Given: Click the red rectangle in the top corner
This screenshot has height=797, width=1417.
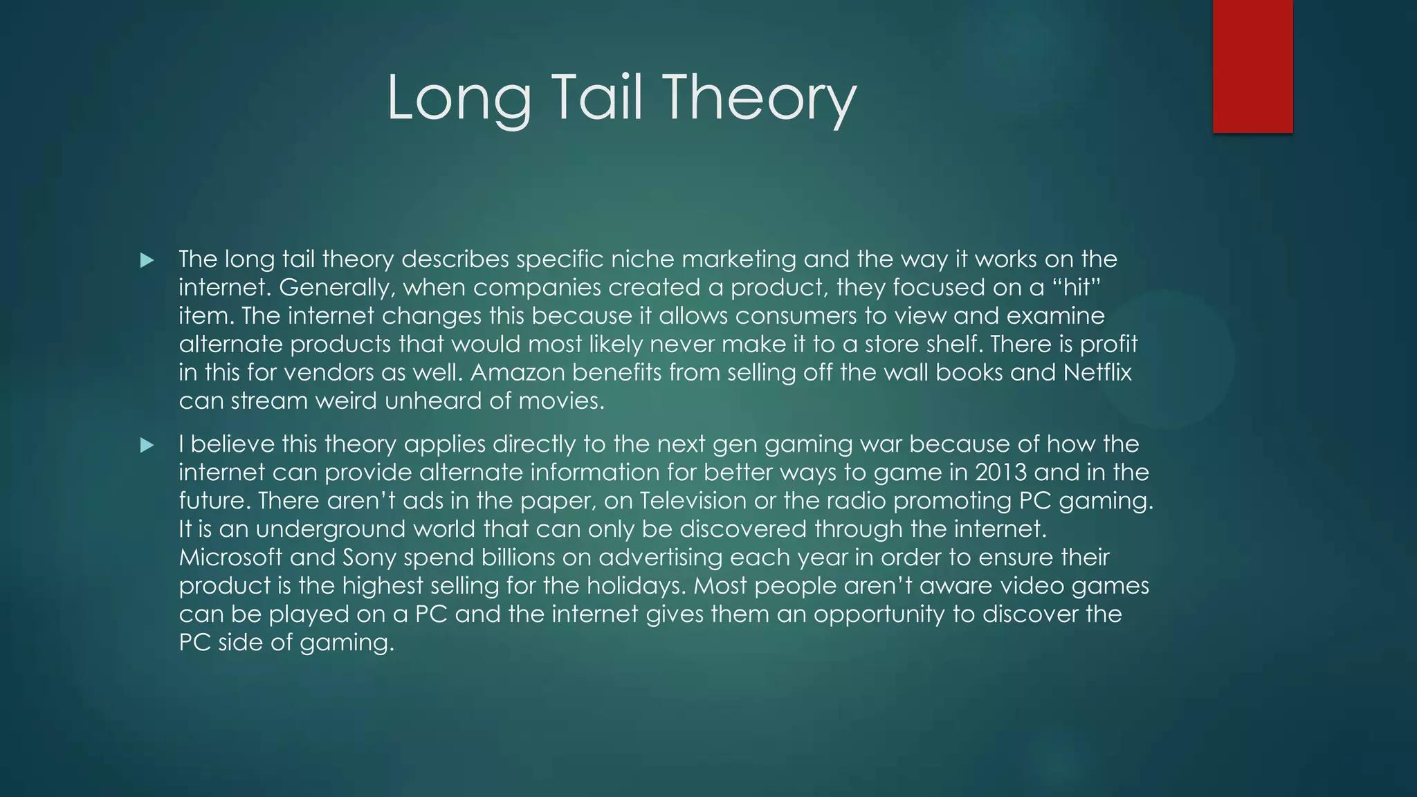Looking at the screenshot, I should [x=1252, y=66].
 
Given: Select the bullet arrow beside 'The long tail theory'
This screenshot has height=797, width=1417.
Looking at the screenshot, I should [x=147, y=260].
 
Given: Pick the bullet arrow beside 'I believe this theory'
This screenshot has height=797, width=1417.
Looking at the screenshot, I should [x=147, y=445].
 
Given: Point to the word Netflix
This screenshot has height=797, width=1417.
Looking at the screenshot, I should [x=1097, y=372].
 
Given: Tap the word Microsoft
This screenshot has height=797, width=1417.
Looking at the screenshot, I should [x=230, y=557].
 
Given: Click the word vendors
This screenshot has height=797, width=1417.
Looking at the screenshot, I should [x=327, y=372].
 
